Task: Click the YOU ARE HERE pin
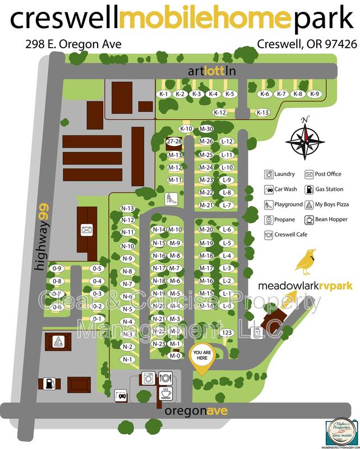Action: coord(204,358)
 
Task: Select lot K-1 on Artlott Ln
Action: coord(164,94)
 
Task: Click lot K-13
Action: coord(262,112)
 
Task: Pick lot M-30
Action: coord(206,129)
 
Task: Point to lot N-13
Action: coord(127,208)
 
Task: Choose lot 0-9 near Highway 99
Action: coord(57,268)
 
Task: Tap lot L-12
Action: coord(227,141)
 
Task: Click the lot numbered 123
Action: coord(227,333)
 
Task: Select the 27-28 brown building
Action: coord(174,142)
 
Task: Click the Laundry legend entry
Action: coord(280,174)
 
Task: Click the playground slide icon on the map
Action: coord(167,198)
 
